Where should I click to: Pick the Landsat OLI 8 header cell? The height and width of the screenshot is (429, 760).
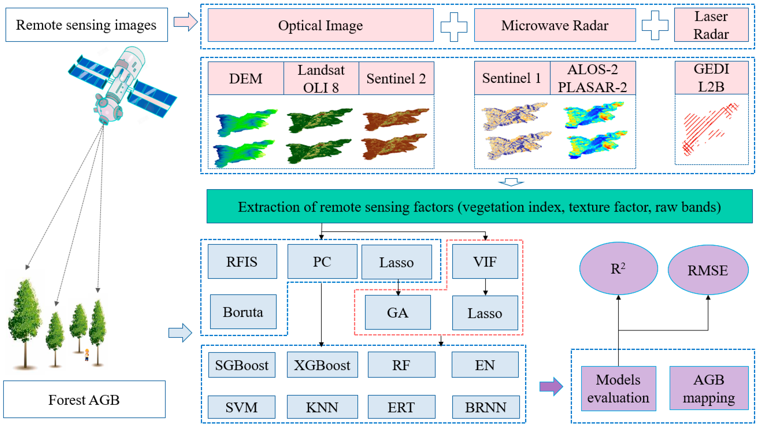(x=321, y=78)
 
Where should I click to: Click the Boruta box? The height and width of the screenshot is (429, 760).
(x=243, y=312)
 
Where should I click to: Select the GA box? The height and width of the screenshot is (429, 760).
(x=398, y=312)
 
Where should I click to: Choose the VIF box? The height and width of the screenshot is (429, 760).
(x=485, y=261)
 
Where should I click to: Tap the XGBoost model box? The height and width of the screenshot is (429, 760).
(x=322, y=365)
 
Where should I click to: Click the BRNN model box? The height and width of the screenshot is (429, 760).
(x=486, y=407)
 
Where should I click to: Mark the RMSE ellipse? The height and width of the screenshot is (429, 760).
(x=708, y=270)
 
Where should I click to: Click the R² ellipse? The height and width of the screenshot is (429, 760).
(x=618, y=268)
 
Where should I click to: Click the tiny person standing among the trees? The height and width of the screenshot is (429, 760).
(x=87, y=355)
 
